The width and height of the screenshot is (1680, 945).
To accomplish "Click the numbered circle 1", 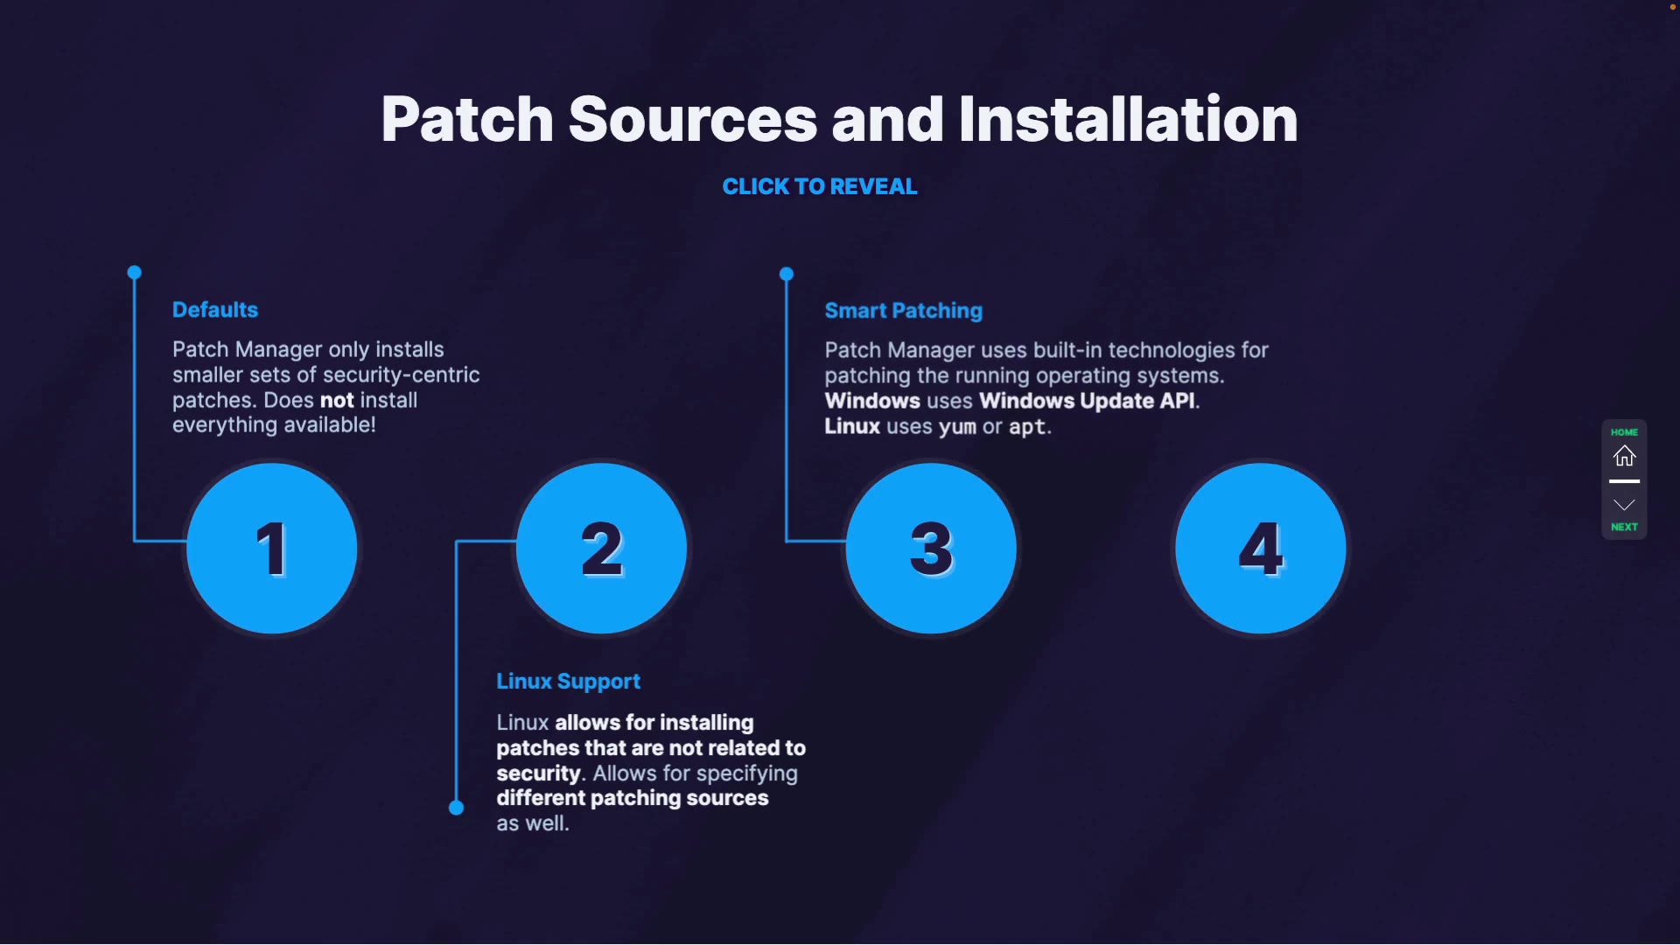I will [x=272, y=549].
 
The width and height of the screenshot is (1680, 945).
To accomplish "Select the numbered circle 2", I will [x=602, y=549].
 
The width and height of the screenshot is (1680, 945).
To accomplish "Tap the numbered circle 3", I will [x=931, y=549].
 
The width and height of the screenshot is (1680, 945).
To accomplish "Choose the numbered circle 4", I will [x=1261, y=549].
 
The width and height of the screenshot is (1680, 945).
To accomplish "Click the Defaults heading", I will [x=215, y=310].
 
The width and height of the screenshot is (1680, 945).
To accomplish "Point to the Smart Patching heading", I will [x=903, y=311].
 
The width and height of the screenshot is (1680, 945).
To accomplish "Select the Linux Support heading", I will [x=568, y=682].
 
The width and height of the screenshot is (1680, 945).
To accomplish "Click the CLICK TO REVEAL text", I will [x=820, y=186].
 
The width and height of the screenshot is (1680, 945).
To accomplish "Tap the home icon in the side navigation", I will [x=1624, y=456].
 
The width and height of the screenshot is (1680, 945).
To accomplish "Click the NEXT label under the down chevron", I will [x=1624, y=527].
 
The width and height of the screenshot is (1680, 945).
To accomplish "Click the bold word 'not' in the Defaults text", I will [x=337, y=401].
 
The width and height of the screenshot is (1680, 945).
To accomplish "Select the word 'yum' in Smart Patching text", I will [x=956, y=427].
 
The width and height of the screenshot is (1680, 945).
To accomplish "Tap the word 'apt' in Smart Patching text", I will [x=1026, y=427].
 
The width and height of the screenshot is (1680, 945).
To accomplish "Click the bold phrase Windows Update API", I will [x=1087, y=401].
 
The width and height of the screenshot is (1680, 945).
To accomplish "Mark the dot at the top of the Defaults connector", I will [x=135, y=273].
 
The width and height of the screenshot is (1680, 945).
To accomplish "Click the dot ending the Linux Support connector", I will [x=456, y=808].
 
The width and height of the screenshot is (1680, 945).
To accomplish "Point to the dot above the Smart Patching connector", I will [x=787, y=274].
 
